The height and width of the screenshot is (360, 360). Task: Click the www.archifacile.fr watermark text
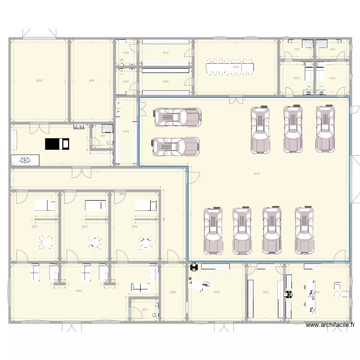tap(330, 325)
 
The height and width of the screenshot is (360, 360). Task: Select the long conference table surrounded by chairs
tap(230, 67)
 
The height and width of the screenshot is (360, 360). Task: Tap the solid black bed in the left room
tap(57, 144)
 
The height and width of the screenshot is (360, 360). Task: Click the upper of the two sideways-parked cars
tap(177, 117)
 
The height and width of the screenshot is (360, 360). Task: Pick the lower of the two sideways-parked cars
tap(176, 147)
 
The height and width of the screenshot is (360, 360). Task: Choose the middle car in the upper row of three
tap(293, 129)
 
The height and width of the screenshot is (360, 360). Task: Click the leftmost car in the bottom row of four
tap(214, 230)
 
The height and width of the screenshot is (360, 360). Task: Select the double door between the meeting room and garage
tap(236, 100)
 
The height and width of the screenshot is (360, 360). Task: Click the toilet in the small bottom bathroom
tap(154, 314)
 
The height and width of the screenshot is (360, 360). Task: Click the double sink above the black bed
tap(79, 127)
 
